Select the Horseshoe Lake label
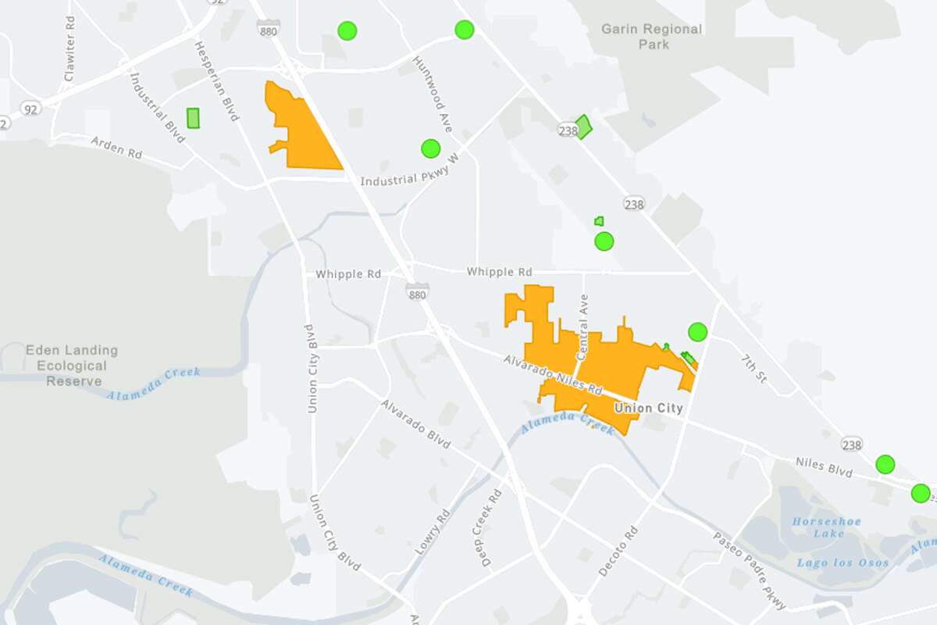818,527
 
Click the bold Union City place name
648,408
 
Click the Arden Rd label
116,147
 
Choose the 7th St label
754,367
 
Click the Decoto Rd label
618,552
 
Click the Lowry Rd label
433,532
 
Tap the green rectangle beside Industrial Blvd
193,118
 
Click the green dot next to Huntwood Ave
430,148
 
